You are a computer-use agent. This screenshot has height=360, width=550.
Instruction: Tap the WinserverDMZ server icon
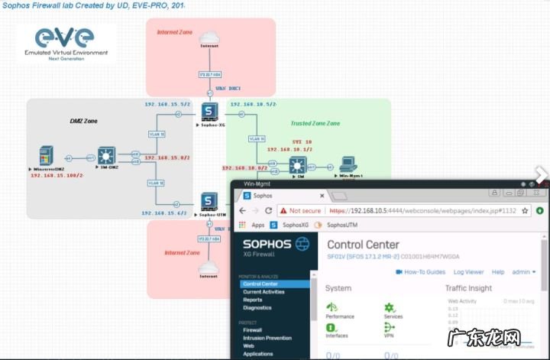click(47, 157)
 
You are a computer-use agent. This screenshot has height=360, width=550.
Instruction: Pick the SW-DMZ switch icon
click(105, 157)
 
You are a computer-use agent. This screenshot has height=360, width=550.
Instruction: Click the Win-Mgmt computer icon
click(348, 164)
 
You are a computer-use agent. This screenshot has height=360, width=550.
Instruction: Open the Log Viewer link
click(468, 271)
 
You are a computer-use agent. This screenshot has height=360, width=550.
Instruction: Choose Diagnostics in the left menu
click(258, 308)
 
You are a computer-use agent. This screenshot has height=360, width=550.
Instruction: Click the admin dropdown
click(524, 271)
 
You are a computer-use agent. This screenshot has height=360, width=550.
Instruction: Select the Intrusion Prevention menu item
click(267, 338)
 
